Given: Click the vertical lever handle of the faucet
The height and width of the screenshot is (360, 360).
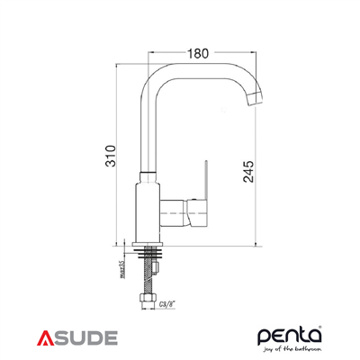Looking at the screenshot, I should pyautogui.click(x=205, y=180).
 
